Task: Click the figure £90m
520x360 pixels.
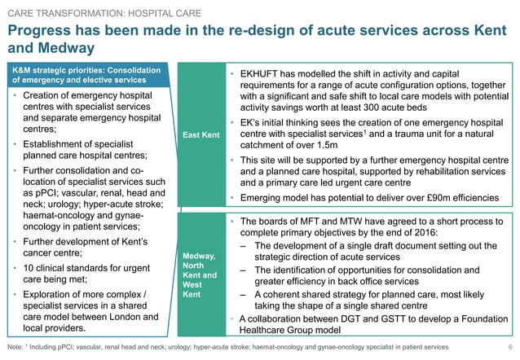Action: pos(425,197)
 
